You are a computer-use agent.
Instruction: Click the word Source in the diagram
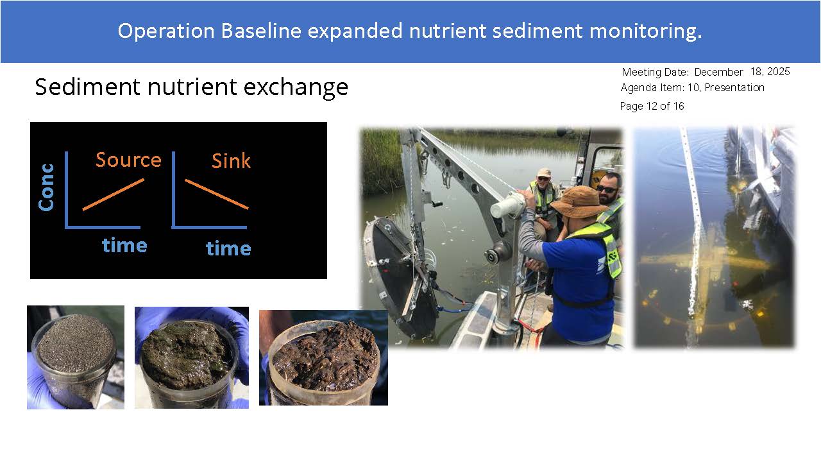pos(128,160)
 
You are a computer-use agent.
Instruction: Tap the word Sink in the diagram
pos(232,161)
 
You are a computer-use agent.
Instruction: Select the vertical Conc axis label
pos(47,187)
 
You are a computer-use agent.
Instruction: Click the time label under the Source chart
pos(124,245)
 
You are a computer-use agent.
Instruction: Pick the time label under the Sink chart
pos(228,248)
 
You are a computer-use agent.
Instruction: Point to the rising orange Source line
pos(114,194)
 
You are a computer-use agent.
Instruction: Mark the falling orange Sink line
pos(217,194)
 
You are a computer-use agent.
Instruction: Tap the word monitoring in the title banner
pos(645,31)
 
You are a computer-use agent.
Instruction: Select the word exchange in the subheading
pos(296,88)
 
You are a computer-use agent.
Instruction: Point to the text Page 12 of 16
pos(652,106)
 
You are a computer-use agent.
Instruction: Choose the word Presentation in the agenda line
pos(734,87)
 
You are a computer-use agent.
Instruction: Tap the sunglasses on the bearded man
pos(607,189)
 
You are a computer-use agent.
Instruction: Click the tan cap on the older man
pos(544,172)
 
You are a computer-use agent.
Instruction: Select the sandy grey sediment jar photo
pos(76,357)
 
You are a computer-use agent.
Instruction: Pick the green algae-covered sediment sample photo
pos(192,357)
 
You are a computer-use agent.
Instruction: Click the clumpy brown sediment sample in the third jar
pos(325,355)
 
